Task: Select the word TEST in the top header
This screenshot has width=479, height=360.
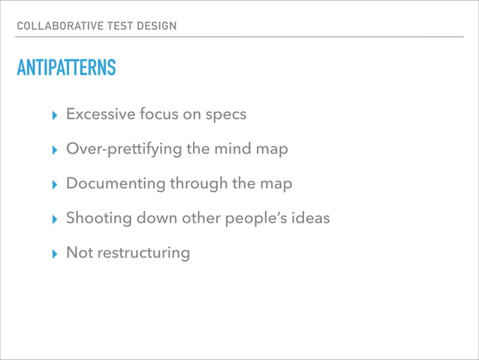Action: tap(115, 26)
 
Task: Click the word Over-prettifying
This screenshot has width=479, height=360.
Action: tap(123, 149)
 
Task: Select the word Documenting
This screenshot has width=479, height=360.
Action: tap(115, 183)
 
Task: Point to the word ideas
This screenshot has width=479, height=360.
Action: tap(310, 218)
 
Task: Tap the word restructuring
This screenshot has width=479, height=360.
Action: tap(143, 253)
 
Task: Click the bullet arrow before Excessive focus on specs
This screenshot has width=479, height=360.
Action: tap(52, 115)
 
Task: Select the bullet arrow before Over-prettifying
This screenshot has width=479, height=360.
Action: tap(52, 150)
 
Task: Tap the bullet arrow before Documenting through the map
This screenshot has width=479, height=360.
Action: tap(52, 184)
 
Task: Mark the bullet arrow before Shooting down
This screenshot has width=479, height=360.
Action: tap(52, 219)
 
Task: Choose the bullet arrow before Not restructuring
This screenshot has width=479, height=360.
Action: tap(52, 253)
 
